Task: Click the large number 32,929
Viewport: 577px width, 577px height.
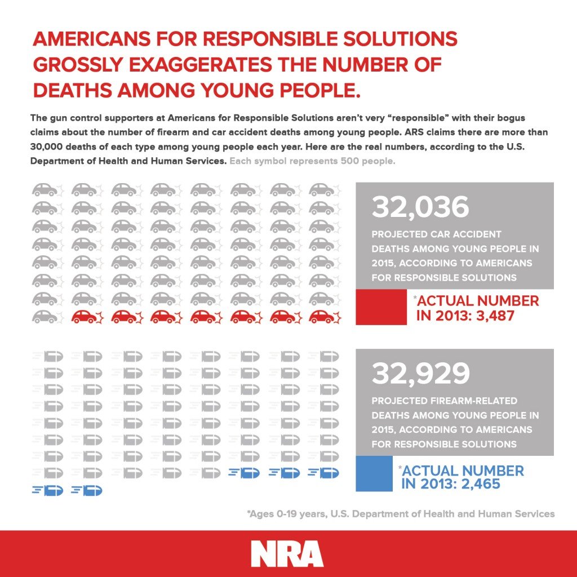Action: [x=420, y=374]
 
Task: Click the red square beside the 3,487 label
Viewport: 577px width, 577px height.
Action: [x=381, y=307]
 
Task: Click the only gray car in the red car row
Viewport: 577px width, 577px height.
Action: [x=45, y=317]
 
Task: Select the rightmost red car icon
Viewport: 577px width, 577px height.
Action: [x=322, y=317]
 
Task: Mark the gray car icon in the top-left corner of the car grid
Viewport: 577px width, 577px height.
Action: [x=45, y=190]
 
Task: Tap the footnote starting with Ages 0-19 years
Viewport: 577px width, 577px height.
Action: [x=400, y=513]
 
